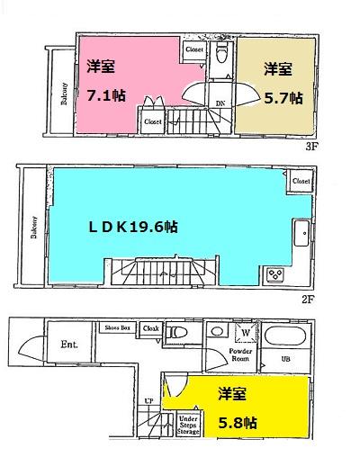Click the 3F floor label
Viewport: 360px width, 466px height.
(x=312, y=145)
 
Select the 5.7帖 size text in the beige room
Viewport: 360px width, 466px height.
(x=283, y=96)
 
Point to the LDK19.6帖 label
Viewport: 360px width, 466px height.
(x=132, y=227)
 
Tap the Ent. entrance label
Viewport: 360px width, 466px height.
(x=70, y=344)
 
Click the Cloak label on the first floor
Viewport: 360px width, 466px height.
(x=150, y=328)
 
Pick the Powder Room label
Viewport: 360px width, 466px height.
(x=241, y=354)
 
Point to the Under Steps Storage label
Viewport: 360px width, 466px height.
(x=189, y=425)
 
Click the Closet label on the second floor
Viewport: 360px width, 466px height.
(x=301, y=182)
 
